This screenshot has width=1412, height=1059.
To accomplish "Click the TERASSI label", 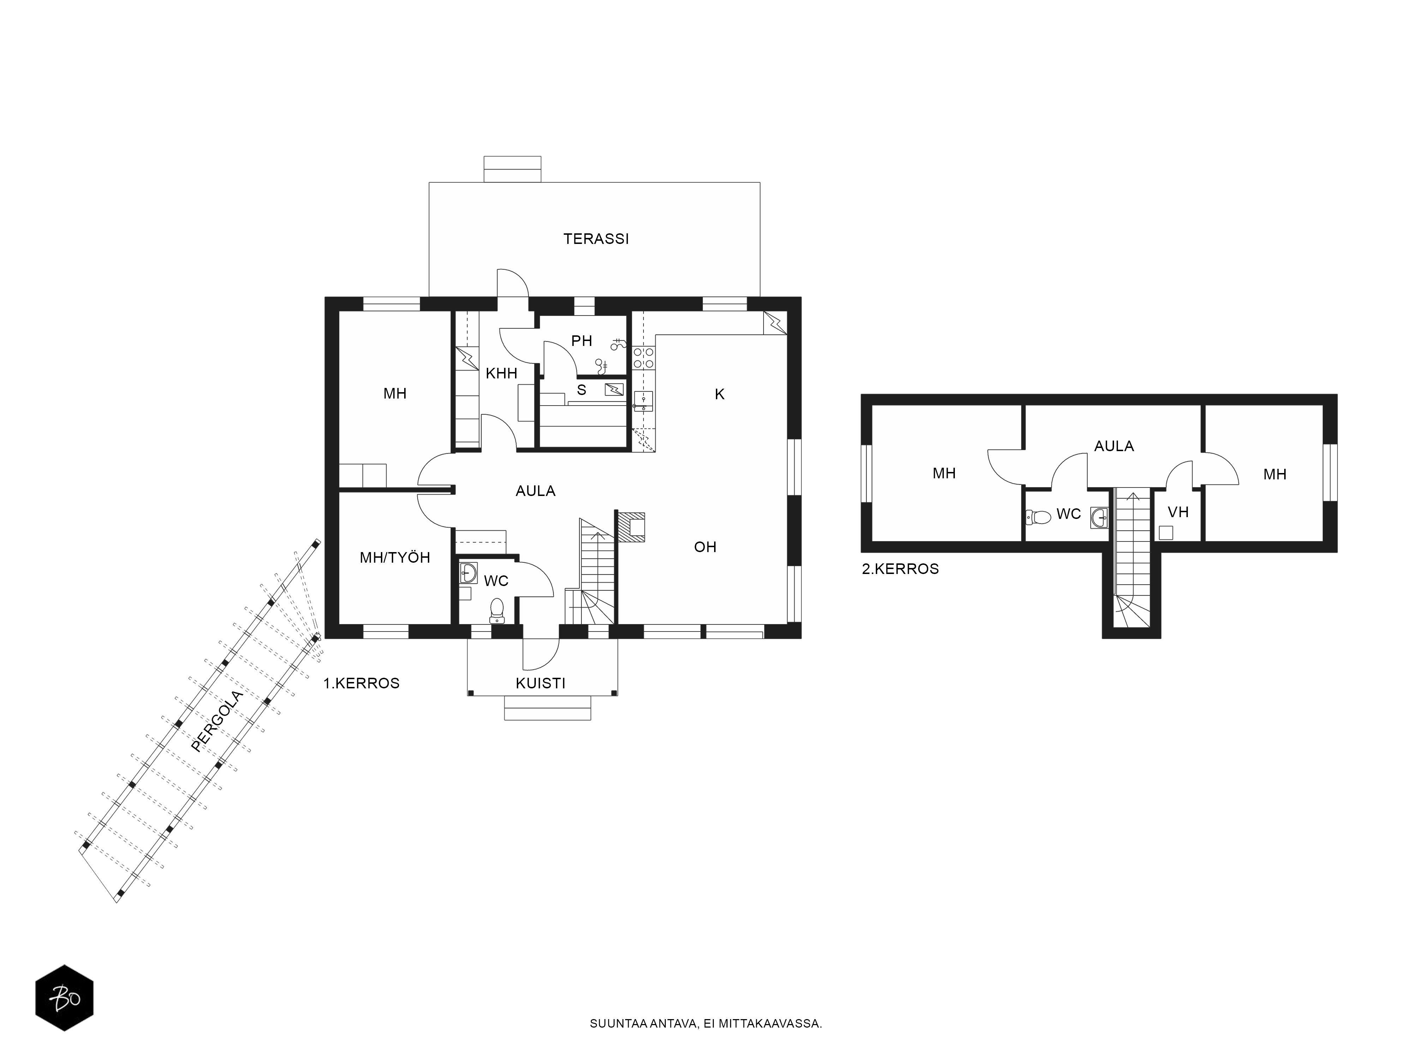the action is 596,239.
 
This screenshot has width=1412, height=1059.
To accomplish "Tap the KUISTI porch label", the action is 541,683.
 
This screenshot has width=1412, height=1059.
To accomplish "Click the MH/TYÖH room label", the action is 395,557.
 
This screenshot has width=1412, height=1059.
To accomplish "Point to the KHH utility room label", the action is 501,373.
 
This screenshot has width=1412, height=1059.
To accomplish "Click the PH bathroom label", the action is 581,341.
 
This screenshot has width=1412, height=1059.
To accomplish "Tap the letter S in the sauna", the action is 581,389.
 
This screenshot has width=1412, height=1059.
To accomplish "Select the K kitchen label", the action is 719,395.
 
